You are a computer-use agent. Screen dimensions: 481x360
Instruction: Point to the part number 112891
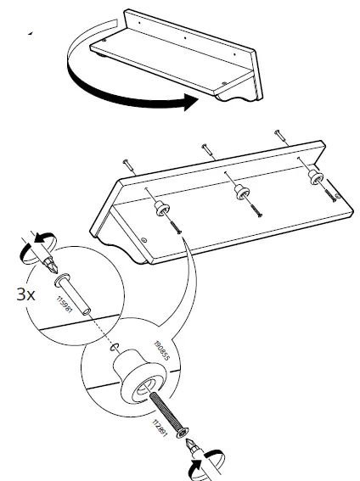pos(158,426)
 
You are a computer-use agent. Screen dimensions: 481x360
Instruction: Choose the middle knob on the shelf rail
pos(240,191)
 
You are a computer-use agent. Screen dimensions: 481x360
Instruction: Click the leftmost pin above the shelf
pos(127,165)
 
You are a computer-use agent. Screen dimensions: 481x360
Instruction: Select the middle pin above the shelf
pos(206,149)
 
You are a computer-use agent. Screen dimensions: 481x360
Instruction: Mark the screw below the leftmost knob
pos(177,227)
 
